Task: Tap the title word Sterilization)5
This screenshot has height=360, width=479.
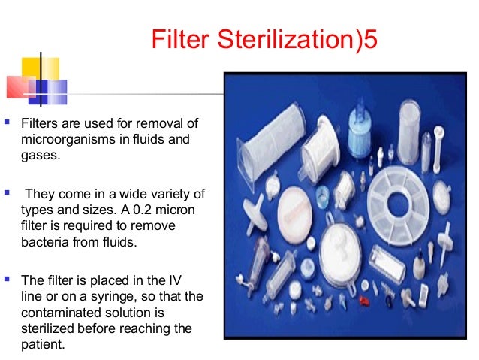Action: pos(291,39)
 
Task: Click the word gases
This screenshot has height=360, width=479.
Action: pos(38,156)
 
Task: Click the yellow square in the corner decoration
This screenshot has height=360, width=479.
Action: pos(30,68)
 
